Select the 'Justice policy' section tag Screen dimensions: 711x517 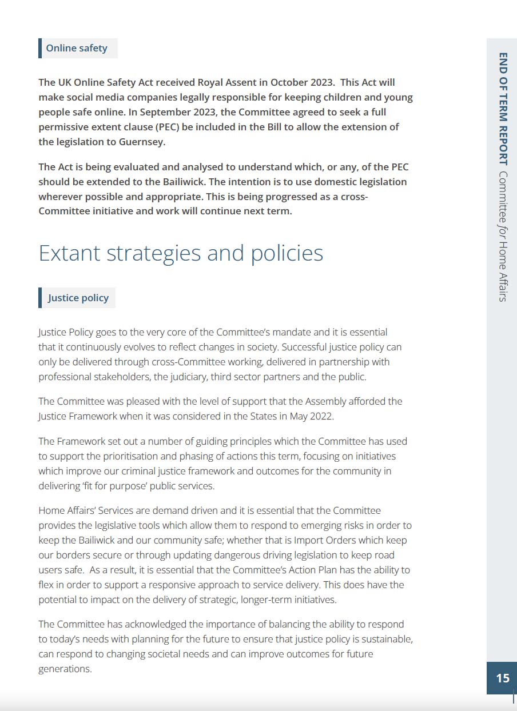tap(78, 298)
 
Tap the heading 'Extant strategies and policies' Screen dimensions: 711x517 tap(181, 253)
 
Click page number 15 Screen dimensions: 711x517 tap(502, 678)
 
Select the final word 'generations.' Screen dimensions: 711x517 tap(65, 669)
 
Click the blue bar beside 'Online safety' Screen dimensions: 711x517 tap(40, 48)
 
